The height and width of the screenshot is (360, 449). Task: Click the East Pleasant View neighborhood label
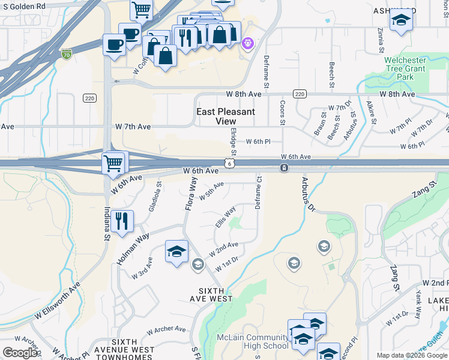click(x=226, y=116)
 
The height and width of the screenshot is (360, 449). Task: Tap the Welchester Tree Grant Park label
click(x=405, y=68)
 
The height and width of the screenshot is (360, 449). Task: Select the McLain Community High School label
click(x=252, y=341)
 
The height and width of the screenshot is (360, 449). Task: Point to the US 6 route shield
click(x=230, y=163)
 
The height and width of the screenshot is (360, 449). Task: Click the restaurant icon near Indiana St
click(x=122, y=221)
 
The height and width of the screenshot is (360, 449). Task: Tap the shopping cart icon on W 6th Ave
click(x=113, y=163)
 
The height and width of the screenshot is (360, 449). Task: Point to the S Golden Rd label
click(x=23, y=6)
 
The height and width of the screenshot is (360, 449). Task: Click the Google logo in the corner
click(x=20, y=353)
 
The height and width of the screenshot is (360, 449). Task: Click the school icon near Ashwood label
click(x=401, y=21)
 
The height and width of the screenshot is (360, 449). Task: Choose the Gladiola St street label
click(x=155, y=197)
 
